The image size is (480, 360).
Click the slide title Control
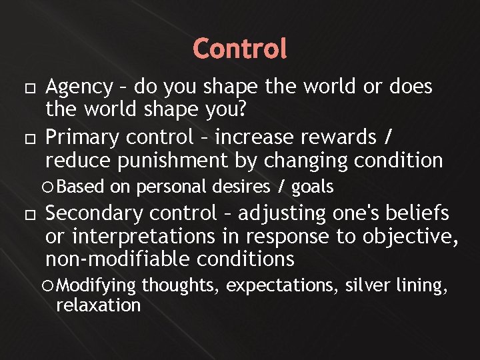240,48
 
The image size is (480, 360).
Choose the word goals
313,187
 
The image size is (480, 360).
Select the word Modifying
97,285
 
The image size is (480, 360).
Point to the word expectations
285,286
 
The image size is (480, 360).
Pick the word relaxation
99,305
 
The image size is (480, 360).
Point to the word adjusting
282,214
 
